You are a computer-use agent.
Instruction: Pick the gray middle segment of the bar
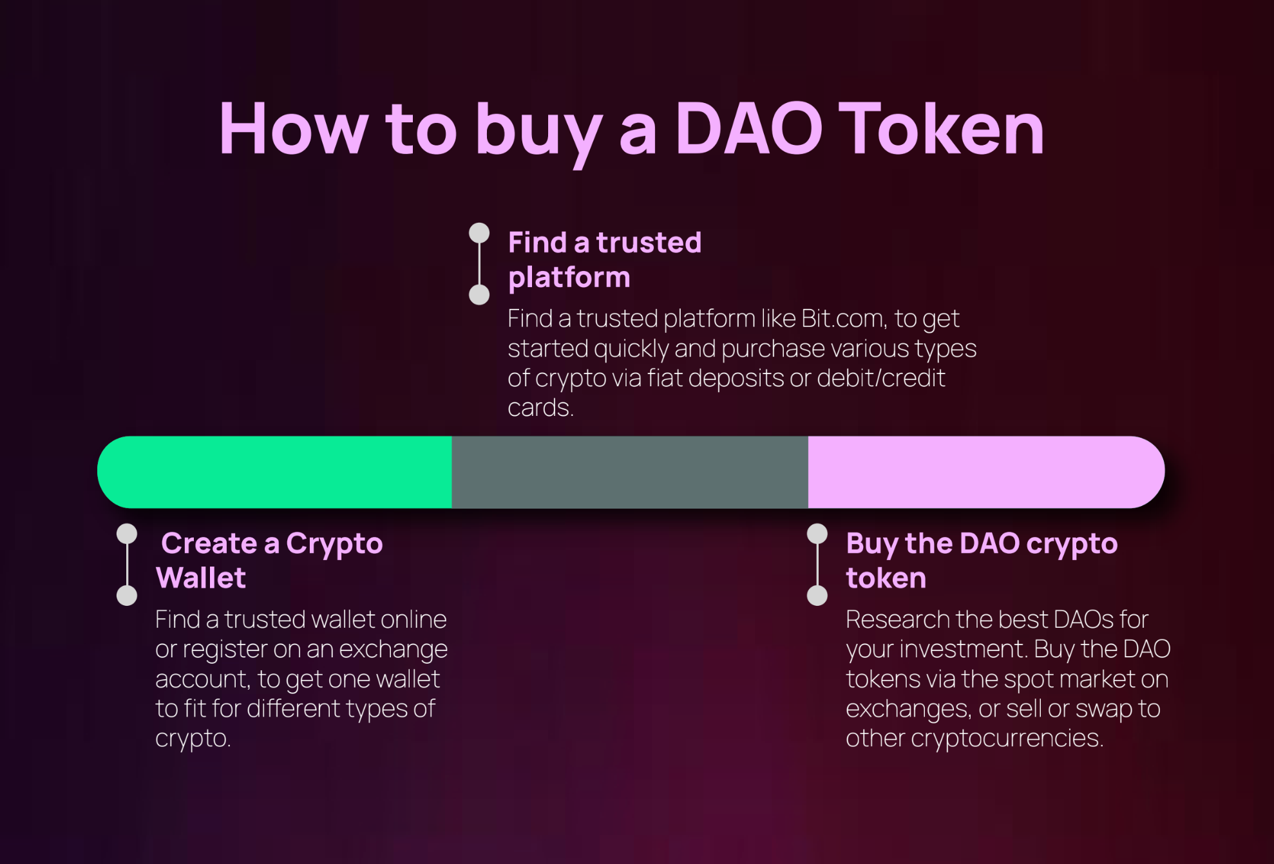pyautogui.click(x=629, y=472)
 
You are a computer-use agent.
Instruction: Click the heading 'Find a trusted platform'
pyautogui.click(x=604, y=259)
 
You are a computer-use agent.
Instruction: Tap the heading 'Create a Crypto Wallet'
pyautogui.click(x=271, y=560)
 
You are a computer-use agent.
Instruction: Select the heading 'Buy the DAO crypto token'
pyautogui.click(x=981, y=560)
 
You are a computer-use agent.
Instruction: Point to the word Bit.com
pyautogui.click(x=844, y=319)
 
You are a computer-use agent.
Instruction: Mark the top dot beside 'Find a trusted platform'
pyautogui.click(x=479, y=233)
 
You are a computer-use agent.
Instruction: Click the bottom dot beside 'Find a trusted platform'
pyautogui.click(x=479, y=295)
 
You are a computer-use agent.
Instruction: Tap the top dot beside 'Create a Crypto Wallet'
pyautogui.click(x=127, y=534)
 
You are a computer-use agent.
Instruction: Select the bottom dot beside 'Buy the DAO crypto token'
pyautogui.click(x=817, y=596)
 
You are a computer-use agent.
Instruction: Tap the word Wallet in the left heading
pyautogui.click(x=201, y=578)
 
